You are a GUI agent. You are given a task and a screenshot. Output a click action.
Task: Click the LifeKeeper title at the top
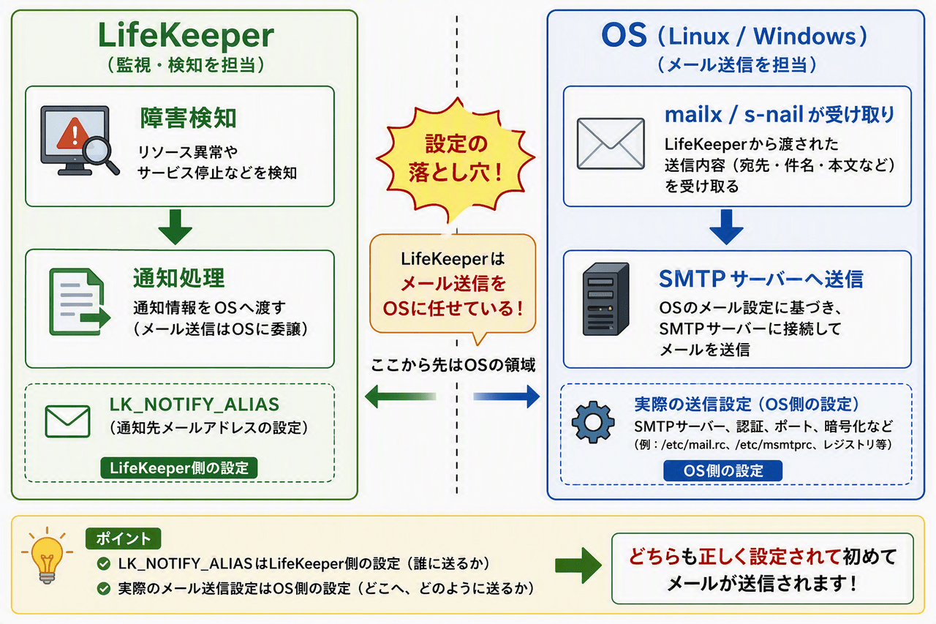(x=186, y=35)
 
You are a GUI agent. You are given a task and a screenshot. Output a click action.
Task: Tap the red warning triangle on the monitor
(x=74, y=133)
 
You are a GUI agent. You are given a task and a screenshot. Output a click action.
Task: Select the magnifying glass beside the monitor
(x=100, y=154)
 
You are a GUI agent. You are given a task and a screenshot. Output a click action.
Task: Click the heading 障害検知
(x=188, y=118)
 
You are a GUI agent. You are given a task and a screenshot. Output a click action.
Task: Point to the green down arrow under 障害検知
(x=175, y=227)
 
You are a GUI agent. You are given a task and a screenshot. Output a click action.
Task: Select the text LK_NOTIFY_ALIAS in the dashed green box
(x=195, y=404)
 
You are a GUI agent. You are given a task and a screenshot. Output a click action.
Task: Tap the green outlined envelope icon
(x=68, y=421)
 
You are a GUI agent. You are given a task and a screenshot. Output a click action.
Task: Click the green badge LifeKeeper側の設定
(x=179, y=467)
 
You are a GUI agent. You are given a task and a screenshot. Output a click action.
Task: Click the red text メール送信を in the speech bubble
(x=453, y=284)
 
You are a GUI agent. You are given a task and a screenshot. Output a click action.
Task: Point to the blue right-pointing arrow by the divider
(x=507, y=396)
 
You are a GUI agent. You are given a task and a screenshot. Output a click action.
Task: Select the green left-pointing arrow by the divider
(x=400, y=396)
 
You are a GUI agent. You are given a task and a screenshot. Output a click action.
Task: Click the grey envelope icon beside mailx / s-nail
(x=611, y=143)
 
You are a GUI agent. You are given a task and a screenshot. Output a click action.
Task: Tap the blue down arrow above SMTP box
(x=726, y=227)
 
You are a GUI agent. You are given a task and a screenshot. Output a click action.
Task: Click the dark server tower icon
(x=606, y=299)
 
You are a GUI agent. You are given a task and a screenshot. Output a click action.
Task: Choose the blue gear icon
(x=593, y=422)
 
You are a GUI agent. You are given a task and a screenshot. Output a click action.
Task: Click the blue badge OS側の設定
(x=723, y=470)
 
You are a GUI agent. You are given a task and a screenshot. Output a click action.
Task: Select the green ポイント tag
(x=124, y=538)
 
